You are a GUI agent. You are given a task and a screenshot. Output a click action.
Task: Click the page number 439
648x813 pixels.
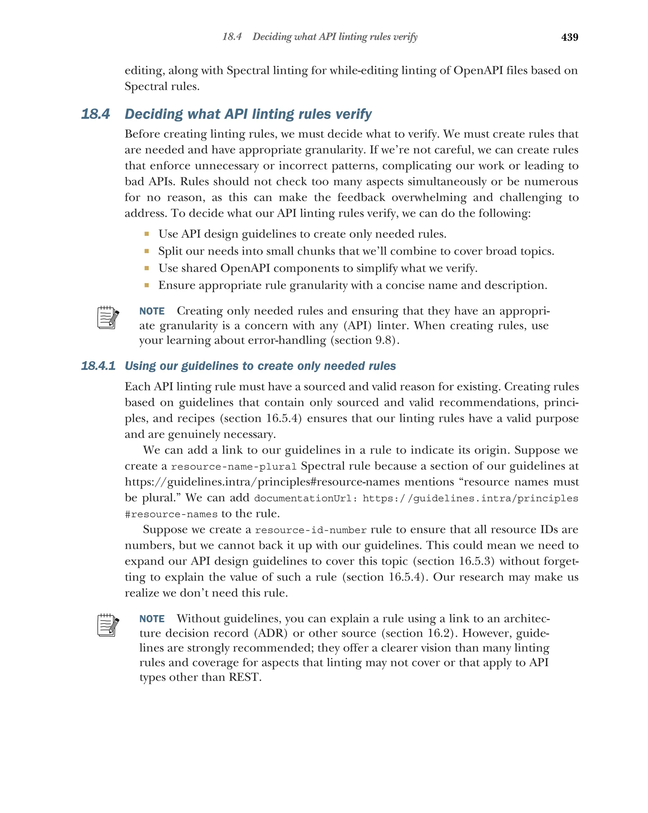569,37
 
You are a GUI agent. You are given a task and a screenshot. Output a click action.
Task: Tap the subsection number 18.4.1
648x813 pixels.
98,366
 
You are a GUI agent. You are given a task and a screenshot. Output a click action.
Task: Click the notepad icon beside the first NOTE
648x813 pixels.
108,317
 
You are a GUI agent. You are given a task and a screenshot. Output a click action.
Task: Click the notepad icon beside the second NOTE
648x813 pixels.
108,625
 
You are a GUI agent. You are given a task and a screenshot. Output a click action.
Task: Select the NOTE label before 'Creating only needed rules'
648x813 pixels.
152,311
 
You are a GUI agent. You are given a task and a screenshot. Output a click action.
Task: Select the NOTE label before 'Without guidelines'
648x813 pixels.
152,619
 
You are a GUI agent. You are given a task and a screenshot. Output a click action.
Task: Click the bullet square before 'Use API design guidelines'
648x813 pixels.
146,234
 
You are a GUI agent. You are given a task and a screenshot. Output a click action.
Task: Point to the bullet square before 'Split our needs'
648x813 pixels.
146,251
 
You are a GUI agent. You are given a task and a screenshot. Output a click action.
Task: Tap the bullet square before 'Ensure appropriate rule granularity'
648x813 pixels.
146,285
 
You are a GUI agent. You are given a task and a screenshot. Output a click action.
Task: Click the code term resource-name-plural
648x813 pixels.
234,467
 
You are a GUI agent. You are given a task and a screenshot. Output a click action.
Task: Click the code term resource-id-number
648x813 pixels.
311,530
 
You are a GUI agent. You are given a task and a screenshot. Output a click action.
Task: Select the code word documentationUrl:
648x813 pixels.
306,498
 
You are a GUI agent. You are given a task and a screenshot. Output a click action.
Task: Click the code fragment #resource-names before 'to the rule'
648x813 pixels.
171,514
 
